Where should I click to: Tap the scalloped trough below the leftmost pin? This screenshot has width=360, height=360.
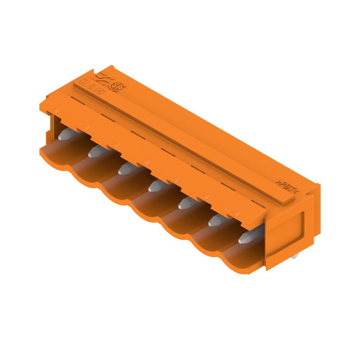(x=56, y=155)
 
